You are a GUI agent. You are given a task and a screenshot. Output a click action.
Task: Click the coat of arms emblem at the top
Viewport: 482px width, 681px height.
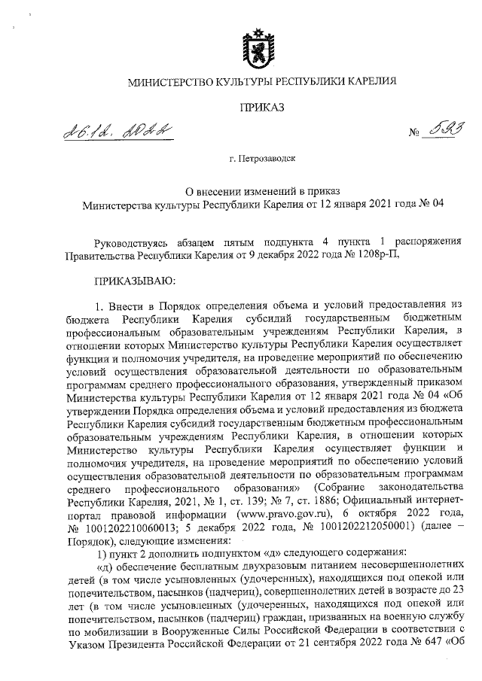point(261,44)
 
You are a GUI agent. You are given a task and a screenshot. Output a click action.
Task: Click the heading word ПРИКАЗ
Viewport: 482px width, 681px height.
point(261,108)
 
